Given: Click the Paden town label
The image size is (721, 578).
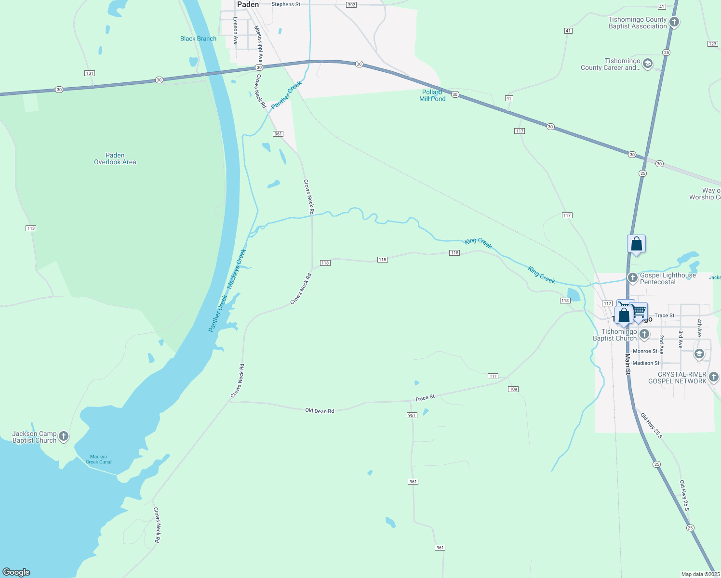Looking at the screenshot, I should click(x=248, y=4).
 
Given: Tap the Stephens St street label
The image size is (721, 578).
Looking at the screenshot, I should click(x=286, y=4).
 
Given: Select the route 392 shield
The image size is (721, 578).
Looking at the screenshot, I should click(x=351, y=5).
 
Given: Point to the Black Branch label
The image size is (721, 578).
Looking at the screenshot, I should click(x=198, y=39).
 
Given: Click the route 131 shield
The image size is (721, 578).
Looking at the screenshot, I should click(x=89, y=73).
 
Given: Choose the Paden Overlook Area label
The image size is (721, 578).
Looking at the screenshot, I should click(x=115, y=158).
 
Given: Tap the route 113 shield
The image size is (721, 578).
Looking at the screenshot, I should click(x=31, y=228).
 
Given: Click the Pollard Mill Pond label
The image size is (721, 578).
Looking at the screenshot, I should click(x=432, y=95).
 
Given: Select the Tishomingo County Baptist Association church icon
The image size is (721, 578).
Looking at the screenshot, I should click(x=674, y=22).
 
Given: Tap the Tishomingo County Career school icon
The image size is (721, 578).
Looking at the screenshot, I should click(x=648, y=64).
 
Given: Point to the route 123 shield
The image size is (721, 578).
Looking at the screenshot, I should click(x=713, y=44).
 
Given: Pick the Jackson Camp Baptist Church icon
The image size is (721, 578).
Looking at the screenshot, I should click(x=63, y=436).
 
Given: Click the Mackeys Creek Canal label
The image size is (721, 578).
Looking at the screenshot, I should click(x=98, y=459).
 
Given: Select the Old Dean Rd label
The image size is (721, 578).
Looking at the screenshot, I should click(x=320, y=411).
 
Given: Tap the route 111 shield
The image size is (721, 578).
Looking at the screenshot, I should click(x=493, y=376).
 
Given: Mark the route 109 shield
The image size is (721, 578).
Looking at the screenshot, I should click(x=513, y=389).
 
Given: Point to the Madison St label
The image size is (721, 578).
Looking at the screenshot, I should click(x=646, y=363).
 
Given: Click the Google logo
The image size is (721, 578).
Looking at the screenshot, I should click(x=16, y=572).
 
